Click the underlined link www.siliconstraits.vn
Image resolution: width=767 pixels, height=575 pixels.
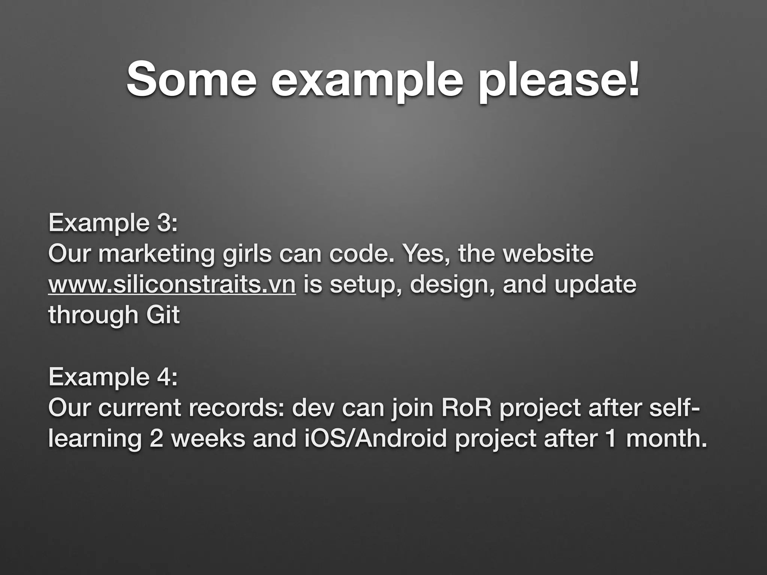[172, 285]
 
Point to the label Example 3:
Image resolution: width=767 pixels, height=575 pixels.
[113, 223]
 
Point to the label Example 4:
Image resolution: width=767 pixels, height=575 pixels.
[113, 377]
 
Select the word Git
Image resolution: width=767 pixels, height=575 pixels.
[163, 315]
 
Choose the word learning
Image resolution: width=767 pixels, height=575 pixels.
[94, 439]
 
